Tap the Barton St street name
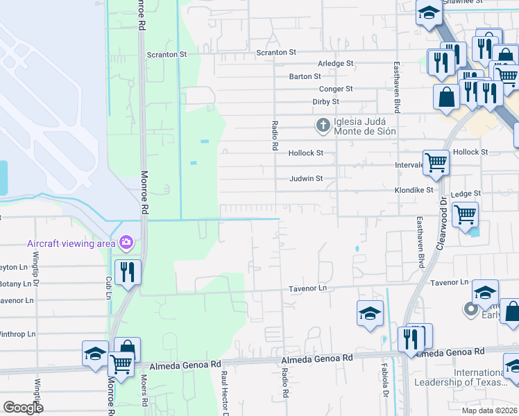(x=305, y=76)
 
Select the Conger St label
(x=336, y=89)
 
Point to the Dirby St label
(x=325, y=101)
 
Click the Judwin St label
(x=306, y=178)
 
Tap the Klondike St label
(x=414, y=189)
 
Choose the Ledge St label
(x=466, y=194)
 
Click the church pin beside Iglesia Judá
(x=323, y=125)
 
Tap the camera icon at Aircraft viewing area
(x=126, y=242)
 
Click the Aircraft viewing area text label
(x=71, y=243)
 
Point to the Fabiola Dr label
(x=384, y=379)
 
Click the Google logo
(x=22, y=408)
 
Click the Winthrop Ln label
(x=17, y=333)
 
